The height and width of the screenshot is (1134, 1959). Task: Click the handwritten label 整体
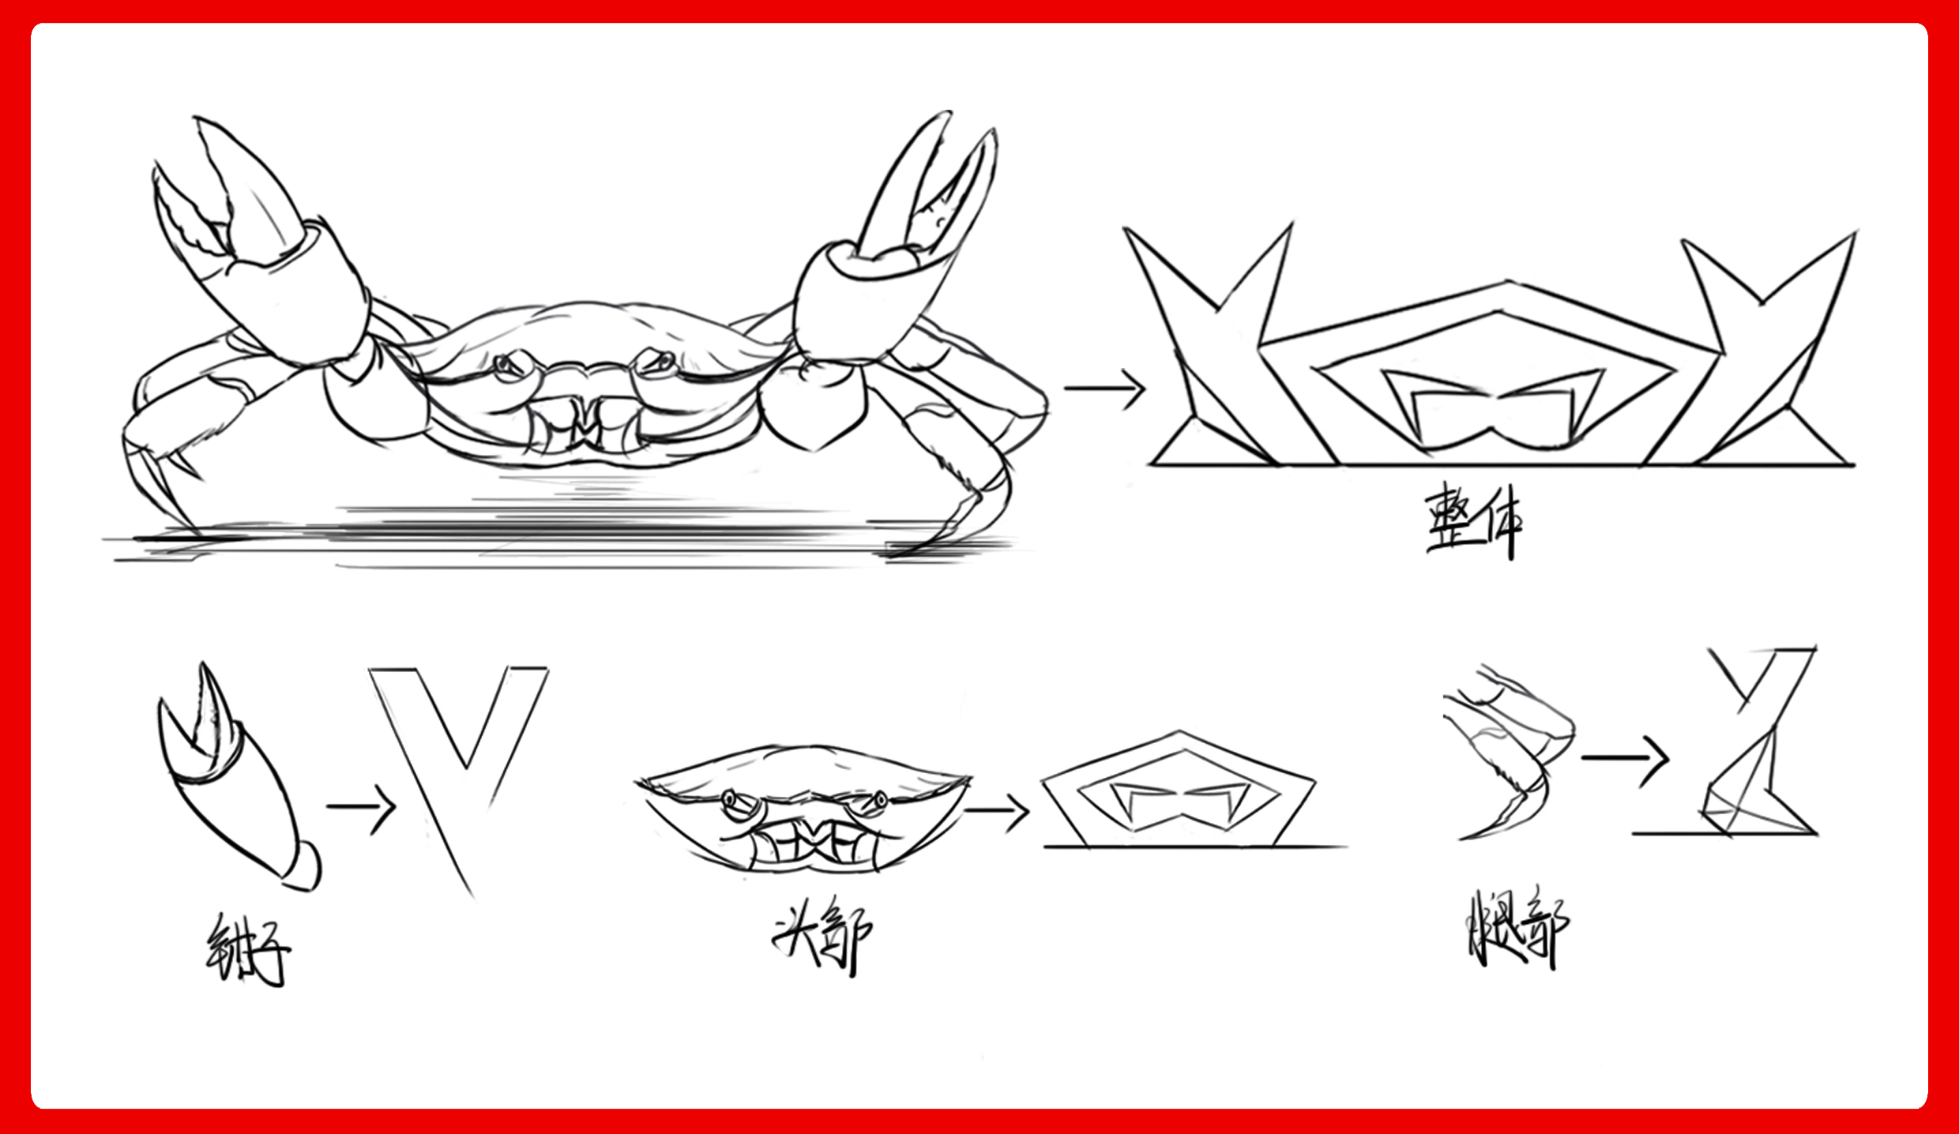(x=1474, y=521)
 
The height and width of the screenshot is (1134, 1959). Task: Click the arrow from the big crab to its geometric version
(x=1104, y=388)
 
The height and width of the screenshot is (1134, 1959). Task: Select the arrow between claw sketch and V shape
(x=361, y=806)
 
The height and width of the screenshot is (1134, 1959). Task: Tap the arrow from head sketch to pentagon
(x=997, y=810)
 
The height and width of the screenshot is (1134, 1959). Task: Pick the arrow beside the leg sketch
(x=1625, y=758)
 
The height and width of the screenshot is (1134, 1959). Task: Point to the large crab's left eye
(x=509, y=365)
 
